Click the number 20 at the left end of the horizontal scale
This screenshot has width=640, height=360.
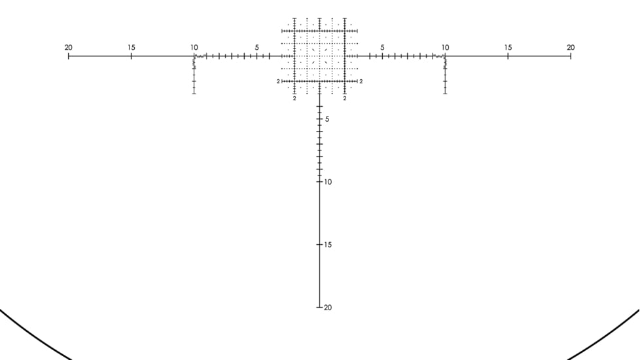point(69,47)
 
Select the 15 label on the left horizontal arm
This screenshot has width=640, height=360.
point(131,47)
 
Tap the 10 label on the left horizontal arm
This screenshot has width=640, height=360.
point(194,47)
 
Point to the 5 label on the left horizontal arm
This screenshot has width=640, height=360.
point(257,47)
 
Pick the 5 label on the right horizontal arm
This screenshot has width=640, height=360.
point(382,47)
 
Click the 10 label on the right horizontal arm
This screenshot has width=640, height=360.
point(445,47)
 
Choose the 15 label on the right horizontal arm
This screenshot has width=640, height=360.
point(508,47)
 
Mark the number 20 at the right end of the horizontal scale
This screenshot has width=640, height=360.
point(571,47)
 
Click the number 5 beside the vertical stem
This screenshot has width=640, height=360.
point(327,119)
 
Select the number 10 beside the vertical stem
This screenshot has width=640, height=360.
point(328,182)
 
